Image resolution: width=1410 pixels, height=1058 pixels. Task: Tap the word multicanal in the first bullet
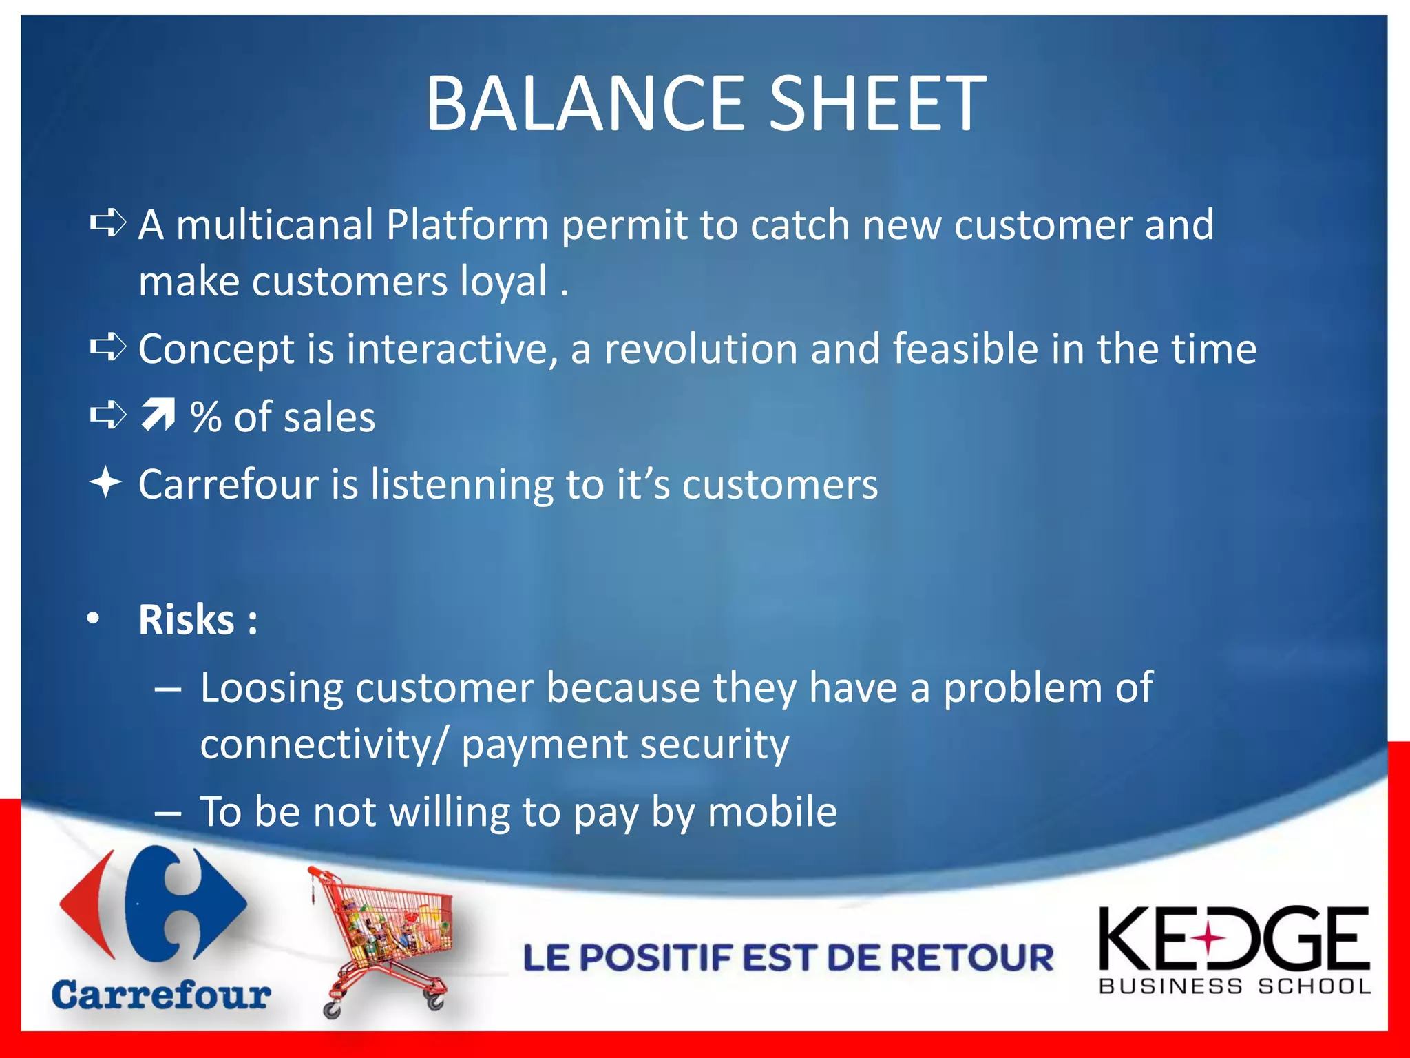coord(274,225)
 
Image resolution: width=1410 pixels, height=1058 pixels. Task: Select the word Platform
coord(466,225)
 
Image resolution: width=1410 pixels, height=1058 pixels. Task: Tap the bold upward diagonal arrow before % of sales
coord(158,415)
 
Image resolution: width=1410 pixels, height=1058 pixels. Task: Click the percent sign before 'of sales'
coord(205,417)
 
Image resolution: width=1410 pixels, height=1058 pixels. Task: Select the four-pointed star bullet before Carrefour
coord(106,482)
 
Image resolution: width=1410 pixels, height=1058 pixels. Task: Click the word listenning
coord(461,484)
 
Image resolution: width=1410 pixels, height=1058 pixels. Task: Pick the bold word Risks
coord(187,619)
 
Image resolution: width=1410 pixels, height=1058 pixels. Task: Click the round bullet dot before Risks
coord(94,618)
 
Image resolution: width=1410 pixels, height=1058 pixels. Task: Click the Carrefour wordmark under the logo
coord(161,995)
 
